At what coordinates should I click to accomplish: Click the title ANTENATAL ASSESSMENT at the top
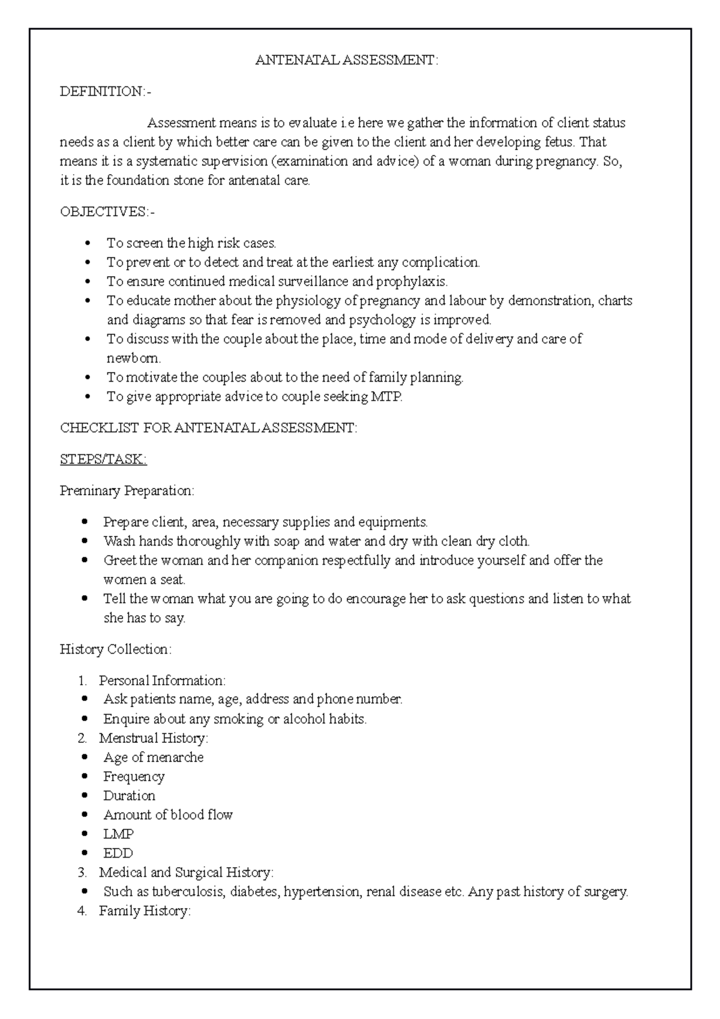pos(347,60)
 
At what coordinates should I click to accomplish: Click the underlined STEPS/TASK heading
pos(103,459)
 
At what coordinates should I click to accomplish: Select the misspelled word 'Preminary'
pos(90,490)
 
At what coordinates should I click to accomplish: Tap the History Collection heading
pos(116,649)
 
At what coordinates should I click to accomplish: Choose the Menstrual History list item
pos(153,738)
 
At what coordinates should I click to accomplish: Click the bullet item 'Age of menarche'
pos(154,757)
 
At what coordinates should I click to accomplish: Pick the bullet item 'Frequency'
pos(134,777)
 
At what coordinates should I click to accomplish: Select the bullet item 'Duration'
pos(130,796)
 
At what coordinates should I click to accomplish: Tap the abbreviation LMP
pos(119,834)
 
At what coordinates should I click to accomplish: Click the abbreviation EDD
pos(118,853)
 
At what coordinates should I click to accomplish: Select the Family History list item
pos(145,911)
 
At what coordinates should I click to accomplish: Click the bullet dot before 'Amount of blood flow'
pos(88,815)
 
